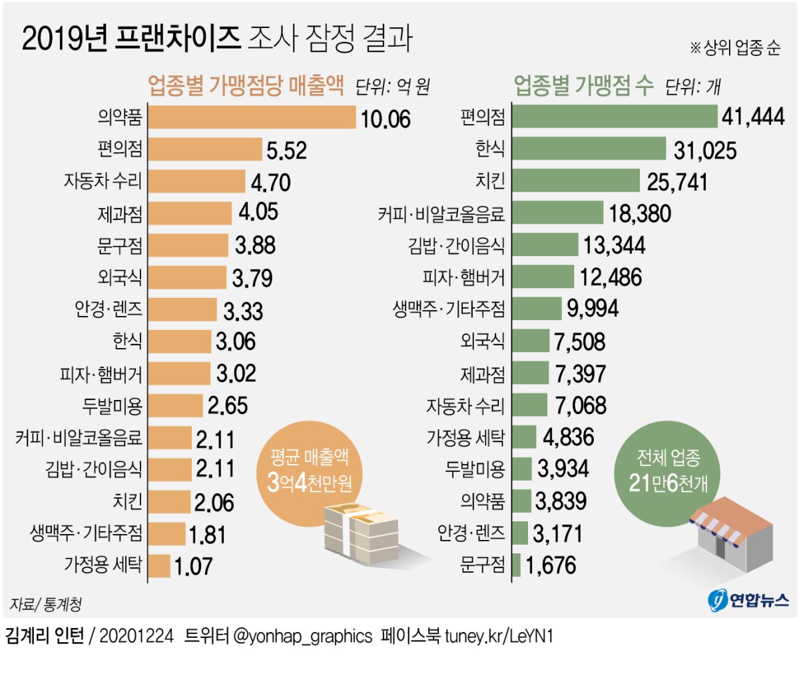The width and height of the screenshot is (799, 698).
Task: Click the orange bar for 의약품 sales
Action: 252,117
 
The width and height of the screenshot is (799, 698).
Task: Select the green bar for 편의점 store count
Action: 614,117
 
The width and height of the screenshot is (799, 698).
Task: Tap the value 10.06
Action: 386,119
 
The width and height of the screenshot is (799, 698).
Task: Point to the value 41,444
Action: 753,117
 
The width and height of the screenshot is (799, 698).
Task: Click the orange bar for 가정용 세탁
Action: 159,566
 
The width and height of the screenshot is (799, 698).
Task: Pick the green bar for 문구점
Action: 516,565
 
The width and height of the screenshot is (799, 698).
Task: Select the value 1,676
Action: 551,566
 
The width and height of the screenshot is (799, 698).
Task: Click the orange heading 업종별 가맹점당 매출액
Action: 246,85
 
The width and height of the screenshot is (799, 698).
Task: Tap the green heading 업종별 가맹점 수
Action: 583,85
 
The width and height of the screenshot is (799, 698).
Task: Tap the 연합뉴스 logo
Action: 748,600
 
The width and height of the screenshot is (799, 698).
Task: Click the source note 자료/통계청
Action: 45,604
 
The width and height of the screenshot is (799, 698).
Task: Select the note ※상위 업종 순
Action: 734,48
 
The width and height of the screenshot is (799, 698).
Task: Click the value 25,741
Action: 677,182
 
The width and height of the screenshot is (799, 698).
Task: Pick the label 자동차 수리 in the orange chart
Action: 103,181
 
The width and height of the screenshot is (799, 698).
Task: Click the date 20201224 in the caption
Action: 136,636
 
